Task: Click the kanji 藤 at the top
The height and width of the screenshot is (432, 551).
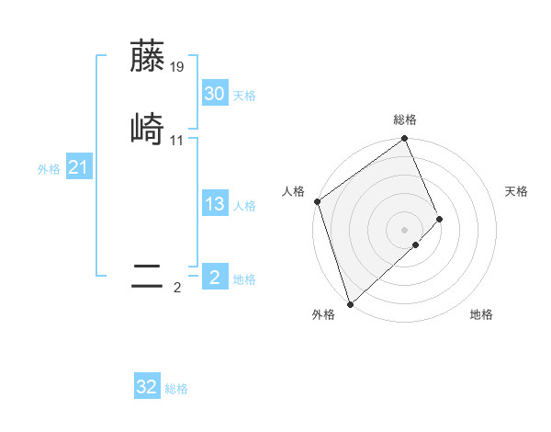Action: click(148, 56)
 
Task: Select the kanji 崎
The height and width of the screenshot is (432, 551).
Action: click(148, 129)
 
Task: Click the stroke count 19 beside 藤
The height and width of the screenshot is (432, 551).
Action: click(177, 67)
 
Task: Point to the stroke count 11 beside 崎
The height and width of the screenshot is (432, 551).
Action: click(177, 141)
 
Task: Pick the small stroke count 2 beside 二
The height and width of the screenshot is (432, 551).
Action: click(177, 288)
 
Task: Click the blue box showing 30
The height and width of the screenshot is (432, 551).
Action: click(214, 93)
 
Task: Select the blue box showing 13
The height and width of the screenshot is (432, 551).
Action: click(214, 204)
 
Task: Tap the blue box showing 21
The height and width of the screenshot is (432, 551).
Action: click(78, 167)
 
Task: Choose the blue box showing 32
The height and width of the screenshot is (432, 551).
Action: click(147, 387)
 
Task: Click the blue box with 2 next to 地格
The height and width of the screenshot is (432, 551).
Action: click(214, 278)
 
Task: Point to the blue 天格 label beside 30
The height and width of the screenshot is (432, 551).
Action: click(244, 96)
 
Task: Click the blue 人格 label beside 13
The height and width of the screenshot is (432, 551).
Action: click(244, 206)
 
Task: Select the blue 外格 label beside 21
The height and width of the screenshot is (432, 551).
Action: click(49, 169)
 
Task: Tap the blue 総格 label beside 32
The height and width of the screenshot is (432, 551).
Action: click(176, 389)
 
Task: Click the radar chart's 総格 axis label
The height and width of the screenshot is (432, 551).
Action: click(405, 119)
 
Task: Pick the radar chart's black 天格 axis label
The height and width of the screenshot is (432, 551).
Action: click(517, 191)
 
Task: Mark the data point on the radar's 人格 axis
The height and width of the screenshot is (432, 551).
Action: click(317, 201)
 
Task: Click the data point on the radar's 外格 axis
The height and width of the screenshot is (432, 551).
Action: click(350, 302)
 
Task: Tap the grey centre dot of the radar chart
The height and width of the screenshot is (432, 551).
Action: click(405, 228)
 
